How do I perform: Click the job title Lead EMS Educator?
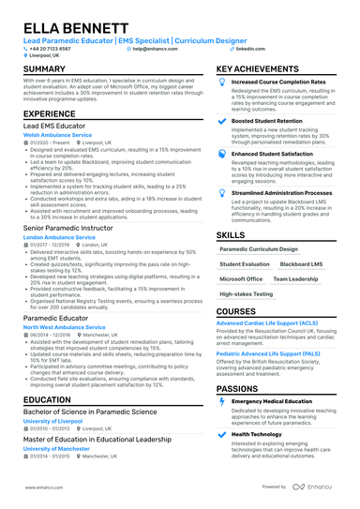coord(58,125)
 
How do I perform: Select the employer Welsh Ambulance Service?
coord(57,135)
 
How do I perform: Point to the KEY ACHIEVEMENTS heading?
coord(265,70)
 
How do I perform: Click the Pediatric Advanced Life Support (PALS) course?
coord(274,354)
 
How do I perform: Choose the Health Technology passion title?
coord(258,435)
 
